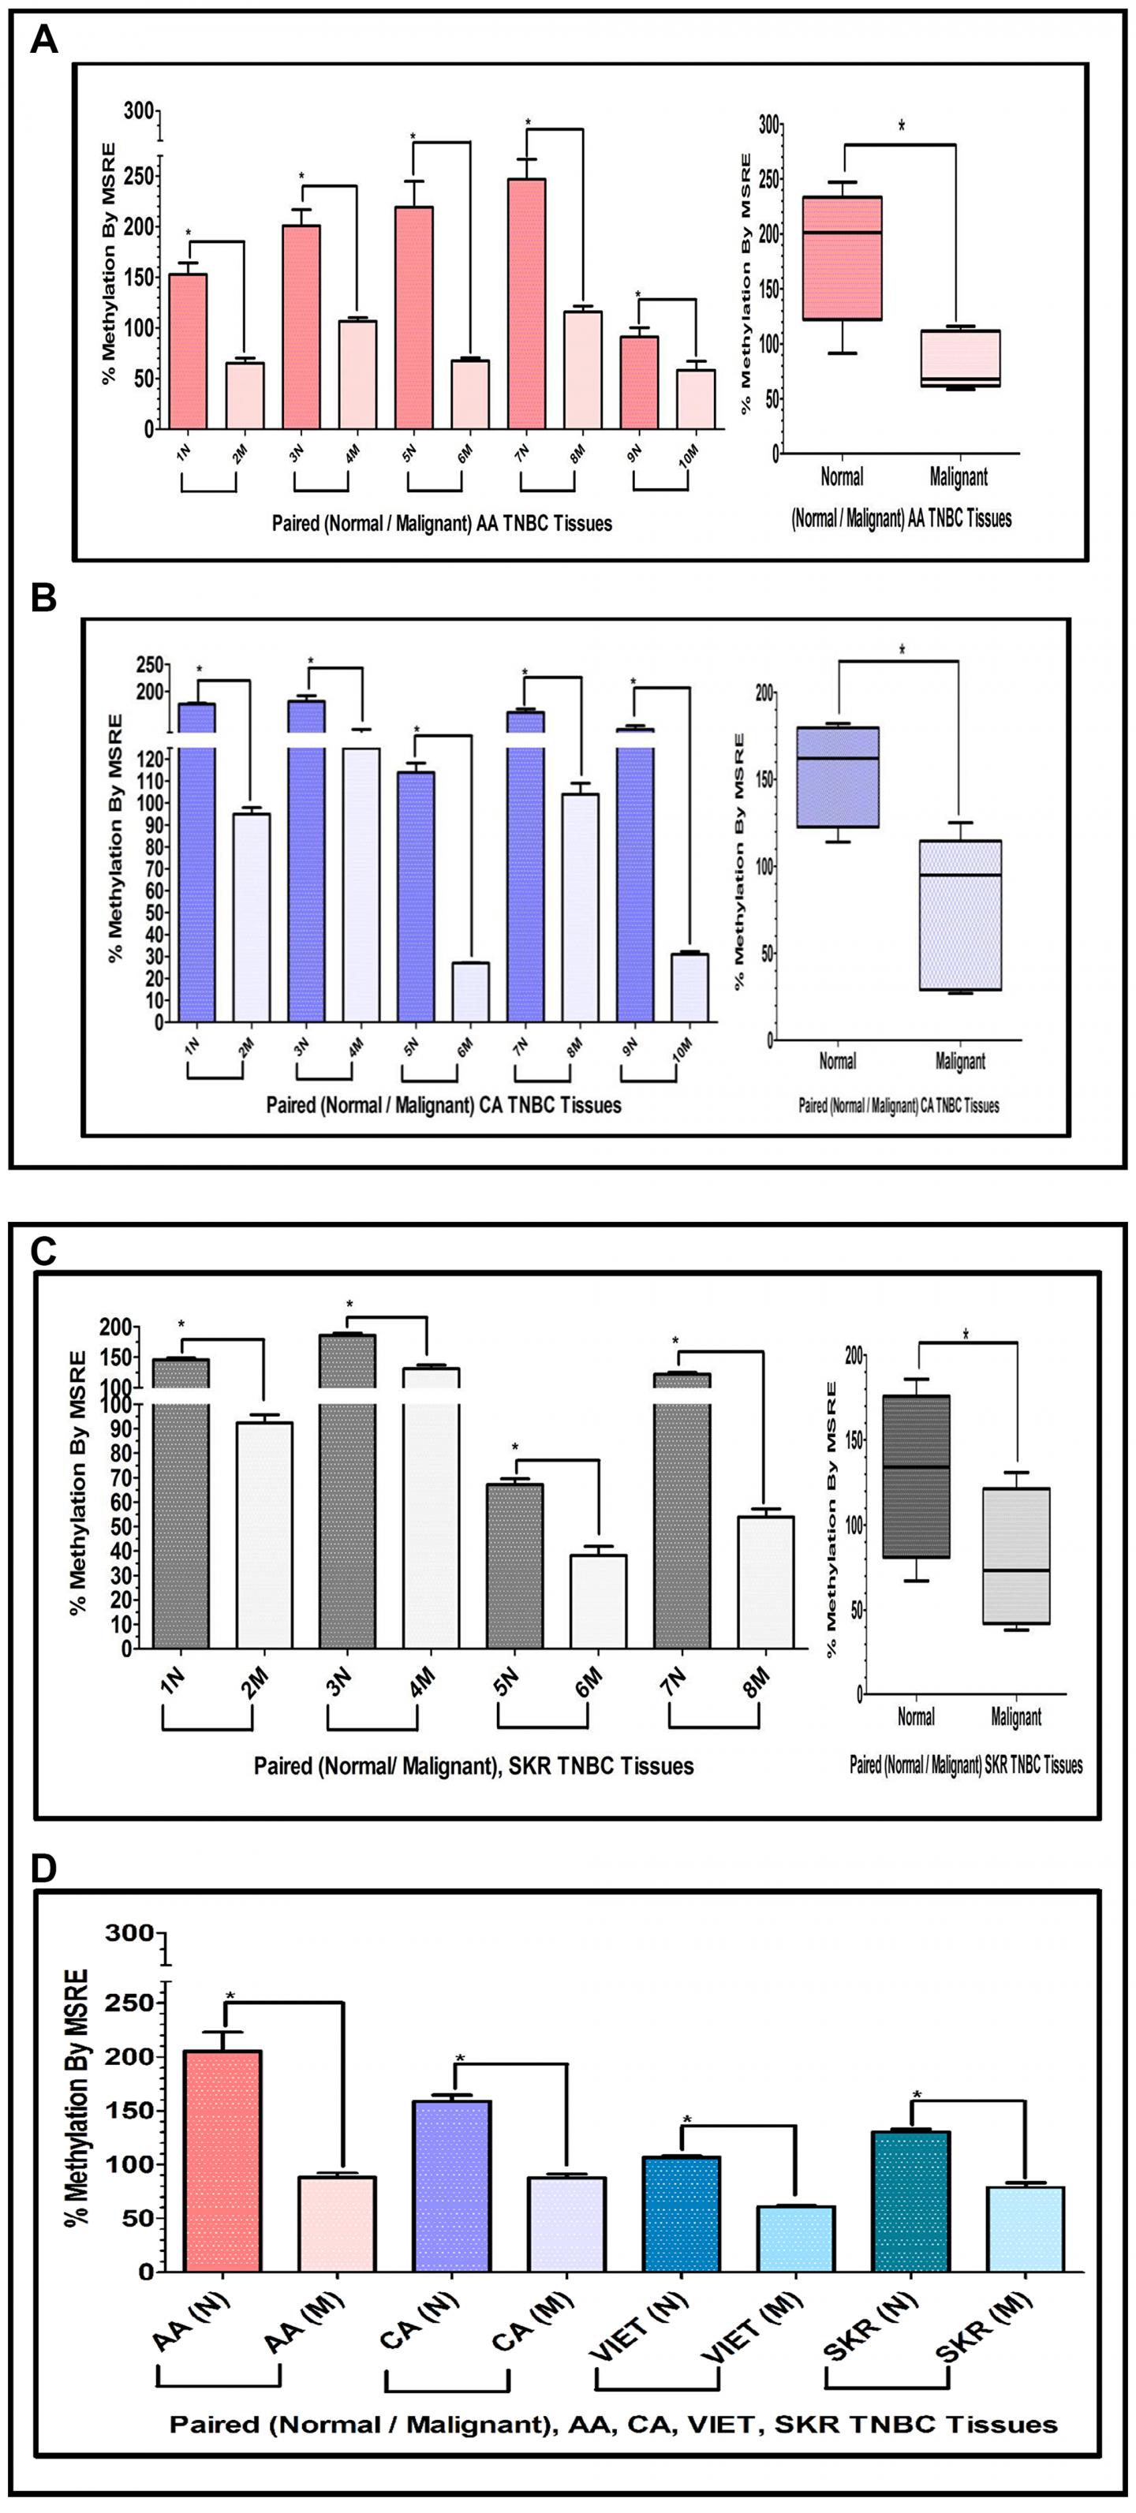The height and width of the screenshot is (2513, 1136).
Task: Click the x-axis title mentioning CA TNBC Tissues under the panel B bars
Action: click(x=444, y=1105)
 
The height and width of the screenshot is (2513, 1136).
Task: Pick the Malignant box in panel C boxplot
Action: click(x=1016, y=1555)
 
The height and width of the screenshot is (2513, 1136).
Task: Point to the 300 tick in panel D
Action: click(x=133, y=1932)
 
